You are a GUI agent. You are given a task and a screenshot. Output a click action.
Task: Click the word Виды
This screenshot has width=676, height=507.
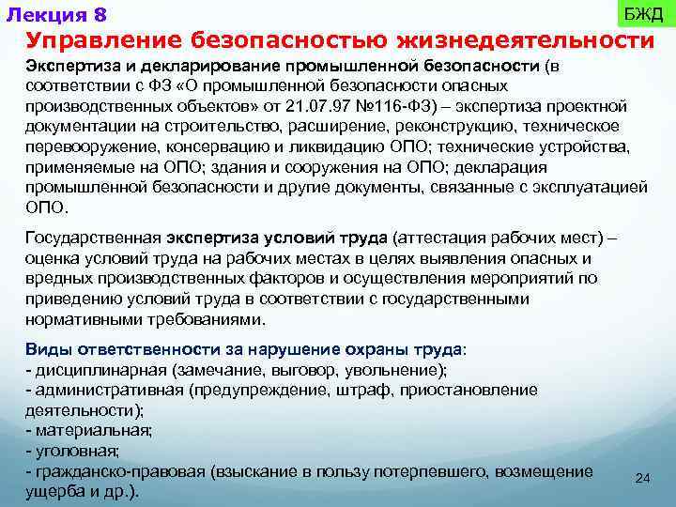45,348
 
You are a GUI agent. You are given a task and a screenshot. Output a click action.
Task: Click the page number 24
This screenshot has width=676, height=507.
643,479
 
